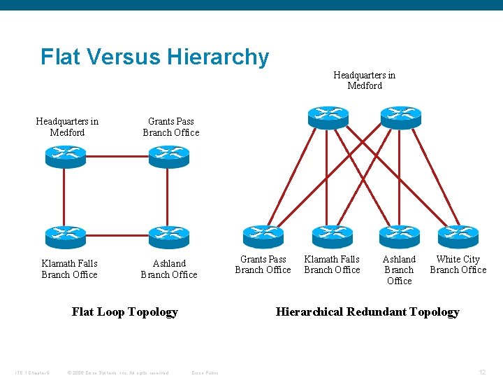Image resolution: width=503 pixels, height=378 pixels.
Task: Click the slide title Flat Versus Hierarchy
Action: (x=154, y=57)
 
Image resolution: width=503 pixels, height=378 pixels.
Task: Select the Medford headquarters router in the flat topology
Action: (x=65, y=155)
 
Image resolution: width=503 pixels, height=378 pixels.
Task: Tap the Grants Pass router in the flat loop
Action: (x=169, y=155)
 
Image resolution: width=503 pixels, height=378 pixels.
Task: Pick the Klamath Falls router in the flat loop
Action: (x=65, y=237)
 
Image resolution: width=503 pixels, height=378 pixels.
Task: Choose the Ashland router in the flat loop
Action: (x=169, y=237)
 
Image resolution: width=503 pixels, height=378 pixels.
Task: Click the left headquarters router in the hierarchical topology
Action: (x=328, y=116)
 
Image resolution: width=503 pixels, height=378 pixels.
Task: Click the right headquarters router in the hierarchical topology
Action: (x=400, y=116)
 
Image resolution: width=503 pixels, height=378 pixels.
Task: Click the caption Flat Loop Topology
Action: (x=125, y=312)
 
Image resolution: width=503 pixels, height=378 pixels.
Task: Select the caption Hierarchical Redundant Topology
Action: (x=367, y=312)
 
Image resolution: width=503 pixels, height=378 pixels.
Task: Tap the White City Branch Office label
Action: (x=458, y=265)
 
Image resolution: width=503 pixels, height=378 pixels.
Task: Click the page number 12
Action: (x=482, y=372)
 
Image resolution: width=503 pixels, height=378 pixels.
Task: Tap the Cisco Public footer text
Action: (x=205, y=372)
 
